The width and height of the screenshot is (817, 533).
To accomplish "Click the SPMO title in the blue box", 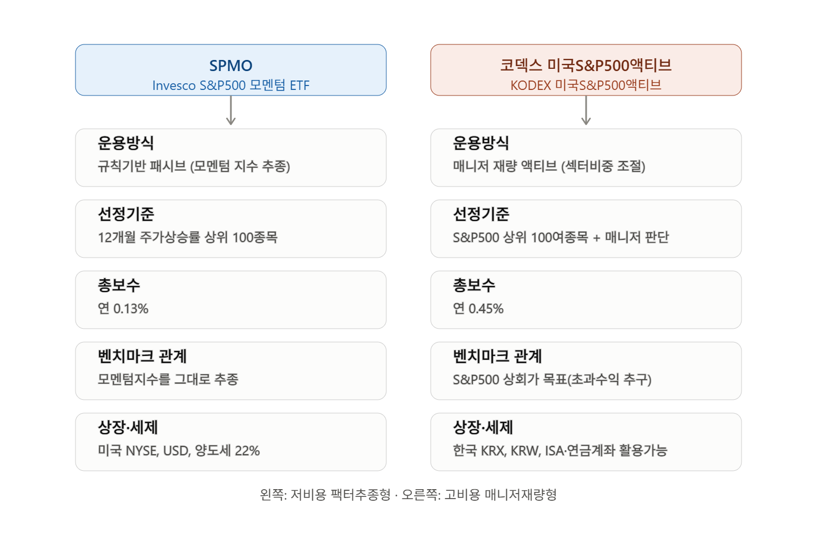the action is tap(230, 66).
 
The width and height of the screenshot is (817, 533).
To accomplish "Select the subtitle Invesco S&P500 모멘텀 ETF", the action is tap(230, 86).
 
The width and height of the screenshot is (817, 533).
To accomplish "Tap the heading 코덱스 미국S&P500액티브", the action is tap(586, 66).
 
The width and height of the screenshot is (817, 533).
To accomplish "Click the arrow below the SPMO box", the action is tap(230, 110).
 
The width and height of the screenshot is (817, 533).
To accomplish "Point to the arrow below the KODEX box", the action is tap(586, 110).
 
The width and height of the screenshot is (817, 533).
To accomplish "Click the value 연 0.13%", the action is tap(123, 309).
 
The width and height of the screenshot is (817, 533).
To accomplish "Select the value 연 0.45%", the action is tap(478, 309).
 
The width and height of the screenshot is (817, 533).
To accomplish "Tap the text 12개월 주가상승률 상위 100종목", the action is tap(188, 238).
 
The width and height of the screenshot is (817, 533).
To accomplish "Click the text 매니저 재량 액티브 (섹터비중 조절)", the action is tap(549, 167).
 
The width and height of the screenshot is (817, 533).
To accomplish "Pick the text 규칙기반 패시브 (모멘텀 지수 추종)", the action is tap(194, 167).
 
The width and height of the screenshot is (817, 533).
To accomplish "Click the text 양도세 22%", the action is tap(227, 451).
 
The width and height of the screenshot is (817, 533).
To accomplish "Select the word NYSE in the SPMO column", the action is tap(143, 451).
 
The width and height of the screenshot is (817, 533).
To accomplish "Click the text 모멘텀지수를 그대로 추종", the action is tap(168, 379).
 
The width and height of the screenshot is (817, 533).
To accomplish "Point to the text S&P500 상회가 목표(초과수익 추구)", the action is tap(552, 380).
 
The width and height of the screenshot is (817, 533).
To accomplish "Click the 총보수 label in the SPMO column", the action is tap(119, 285).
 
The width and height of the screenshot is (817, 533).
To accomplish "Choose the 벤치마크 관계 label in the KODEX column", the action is tap(497, 356).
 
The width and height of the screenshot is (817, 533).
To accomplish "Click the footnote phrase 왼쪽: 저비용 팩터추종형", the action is tap(325, 495).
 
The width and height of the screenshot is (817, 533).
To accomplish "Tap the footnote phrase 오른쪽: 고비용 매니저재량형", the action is tap(479, 495).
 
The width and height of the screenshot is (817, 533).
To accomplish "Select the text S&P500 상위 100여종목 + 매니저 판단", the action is tap(561, 238).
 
